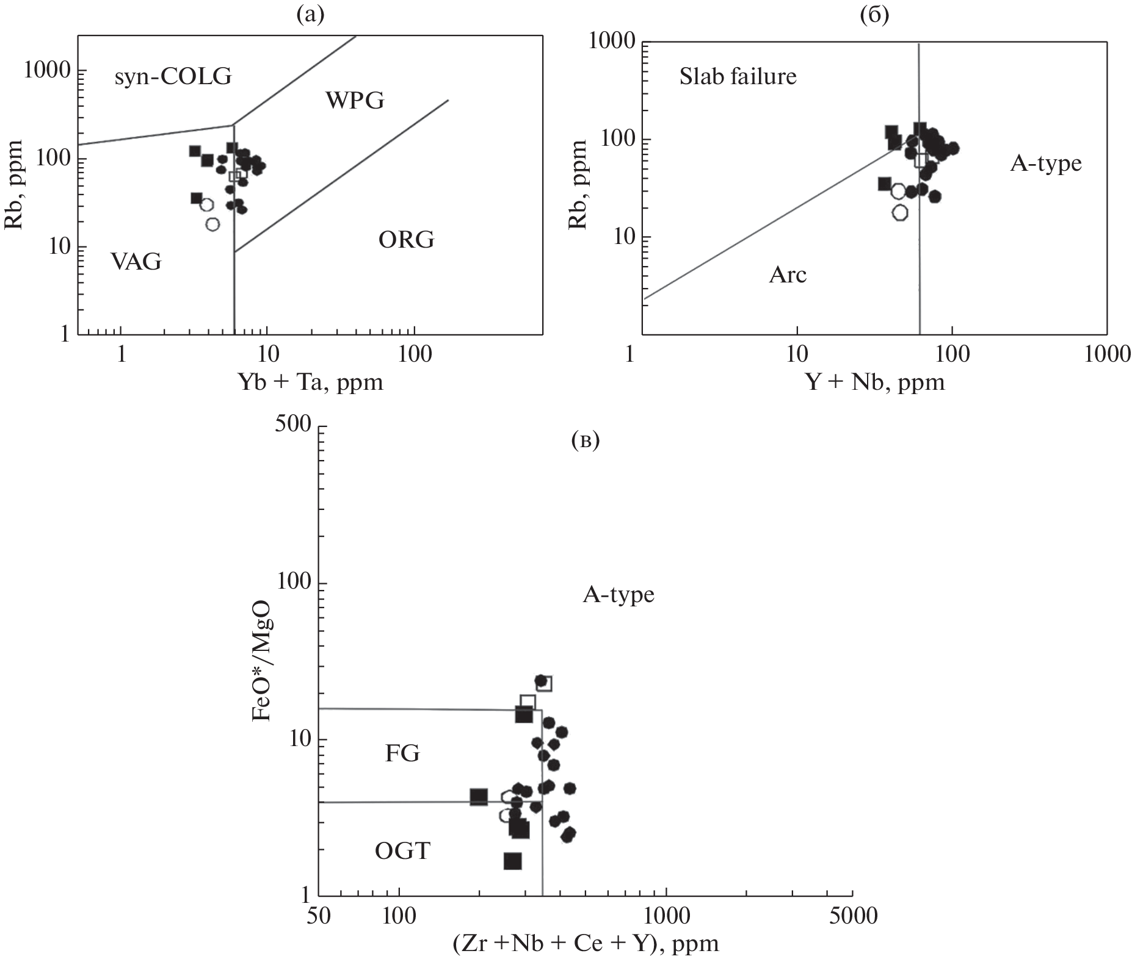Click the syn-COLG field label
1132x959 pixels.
173,77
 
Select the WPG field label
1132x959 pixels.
355,100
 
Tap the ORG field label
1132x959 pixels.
406,240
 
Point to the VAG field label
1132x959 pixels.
136,262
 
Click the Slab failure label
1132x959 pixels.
738,77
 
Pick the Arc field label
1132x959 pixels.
788,275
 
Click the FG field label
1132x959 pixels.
402,754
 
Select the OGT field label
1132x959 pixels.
402,850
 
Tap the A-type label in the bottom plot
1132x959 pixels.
619,594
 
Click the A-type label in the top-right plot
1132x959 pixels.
1045,163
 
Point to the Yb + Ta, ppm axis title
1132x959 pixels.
310,382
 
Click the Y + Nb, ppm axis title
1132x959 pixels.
875,382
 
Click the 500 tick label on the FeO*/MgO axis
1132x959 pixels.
292,425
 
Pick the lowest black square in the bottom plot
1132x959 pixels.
512,861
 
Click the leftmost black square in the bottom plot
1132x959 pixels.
479,797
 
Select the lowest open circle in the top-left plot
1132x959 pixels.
212,224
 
